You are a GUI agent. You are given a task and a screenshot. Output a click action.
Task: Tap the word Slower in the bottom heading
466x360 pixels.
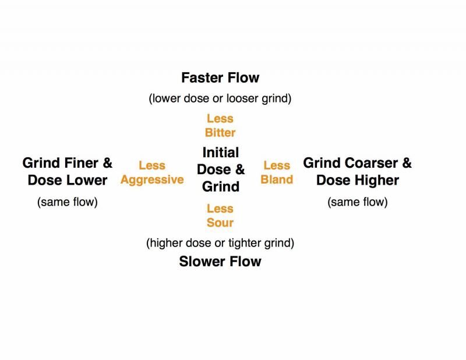pos(200,262)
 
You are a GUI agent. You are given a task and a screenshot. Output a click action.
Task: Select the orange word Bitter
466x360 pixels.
pos(220,133)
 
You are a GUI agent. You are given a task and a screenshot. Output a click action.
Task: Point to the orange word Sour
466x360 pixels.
pos(220,223)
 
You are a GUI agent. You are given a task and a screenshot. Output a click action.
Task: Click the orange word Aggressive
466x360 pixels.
pos(152,179)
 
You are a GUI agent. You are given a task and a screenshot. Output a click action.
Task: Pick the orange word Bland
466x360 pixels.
pos(277,179)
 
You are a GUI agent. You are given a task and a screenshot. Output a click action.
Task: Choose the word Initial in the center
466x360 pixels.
pos(221,153)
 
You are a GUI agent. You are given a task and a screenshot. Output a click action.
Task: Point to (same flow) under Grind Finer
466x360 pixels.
pos(68,203)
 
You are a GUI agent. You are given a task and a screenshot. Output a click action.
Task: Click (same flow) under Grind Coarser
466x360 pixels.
pos(358,203)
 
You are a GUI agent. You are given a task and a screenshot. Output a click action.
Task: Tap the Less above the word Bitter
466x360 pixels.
pos(220,119)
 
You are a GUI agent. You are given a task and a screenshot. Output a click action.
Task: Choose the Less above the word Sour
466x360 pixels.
pos(220,209)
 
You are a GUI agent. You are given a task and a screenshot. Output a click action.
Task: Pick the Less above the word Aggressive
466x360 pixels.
pos(152,166)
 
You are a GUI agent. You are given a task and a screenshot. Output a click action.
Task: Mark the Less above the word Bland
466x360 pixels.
pos(277,166)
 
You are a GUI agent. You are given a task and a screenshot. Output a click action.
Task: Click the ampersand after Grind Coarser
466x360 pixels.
pos(406,163)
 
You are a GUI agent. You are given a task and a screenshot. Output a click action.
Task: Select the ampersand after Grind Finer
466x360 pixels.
pos(107,163)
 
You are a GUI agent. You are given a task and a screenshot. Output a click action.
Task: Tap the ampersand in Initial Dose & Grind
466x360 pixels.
pos(239,170)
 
